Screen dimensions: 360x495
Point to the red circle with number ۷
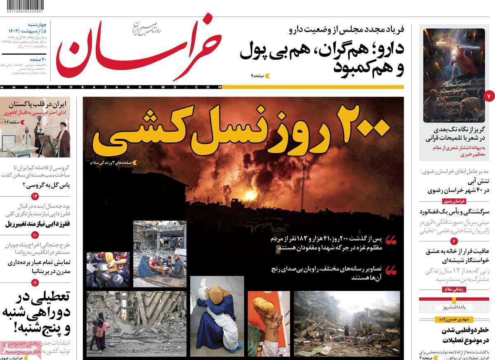(488, 96)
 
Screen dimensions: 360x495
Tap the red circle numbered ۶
(454, 241)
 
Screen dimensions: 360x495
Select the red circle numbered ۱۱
(35, 282)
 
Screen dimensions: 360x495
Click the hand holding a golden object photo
(269, 324)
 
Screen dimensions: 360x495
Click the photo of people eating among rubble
(160, 254)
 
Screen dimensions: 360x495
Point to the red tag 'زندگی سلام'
(454, 289)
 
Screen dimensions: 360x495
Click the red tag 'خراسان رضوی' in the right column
(454, 201)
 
